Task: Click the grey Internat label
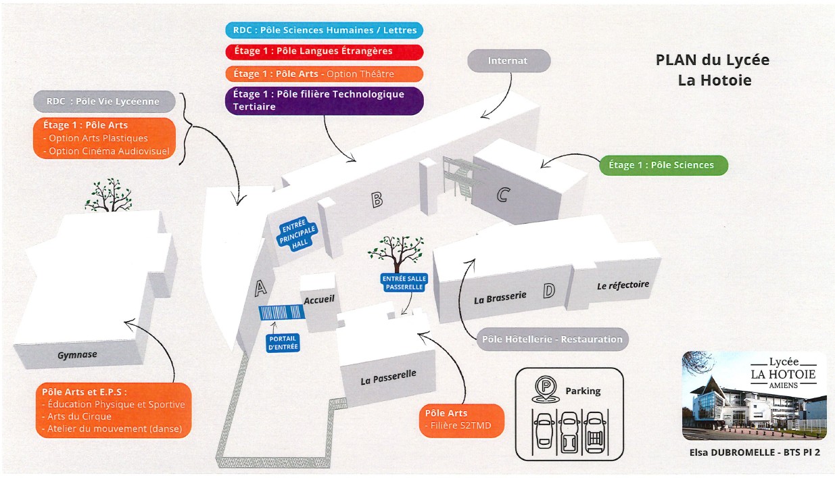509,61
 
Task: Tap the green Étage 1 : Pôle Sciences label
663,165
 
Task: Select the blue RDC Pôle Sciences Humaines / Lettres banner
325,30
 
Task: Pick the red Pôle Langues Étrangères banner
325,52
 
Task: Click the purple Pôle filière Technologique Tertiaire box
325,101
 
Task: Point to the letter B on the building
377,199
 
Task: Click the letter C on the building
503,195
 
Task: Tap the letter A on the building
260,288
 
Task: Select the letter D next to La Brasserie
549,291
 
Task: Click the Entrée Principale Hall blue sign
297,234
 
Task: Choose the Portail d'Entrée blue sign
283,343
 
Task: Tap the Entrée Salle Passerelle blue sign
404,283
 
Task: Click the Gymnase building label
77,354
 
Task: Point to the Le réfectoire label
623,285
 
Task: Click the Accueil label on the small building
319,300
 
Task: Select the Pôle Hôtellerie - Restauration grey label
552,339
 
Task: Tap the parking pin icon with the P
546,389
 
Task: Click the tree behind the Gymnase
108,195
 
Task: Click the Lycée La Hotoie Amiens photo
755,396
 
